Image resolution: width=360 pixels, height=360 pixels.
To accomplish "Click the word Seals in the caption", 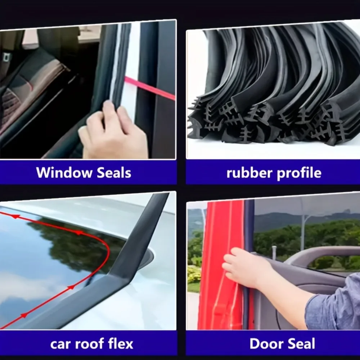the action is point(114,172).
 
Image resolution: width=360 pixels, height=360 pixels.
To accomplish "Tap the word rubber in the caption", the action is point(249,173).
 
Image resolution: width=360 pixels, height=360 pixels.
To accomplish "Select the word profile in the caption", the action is point(299,173).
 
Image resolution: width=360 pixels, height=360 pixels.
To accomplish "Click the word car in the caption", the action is point(61,344).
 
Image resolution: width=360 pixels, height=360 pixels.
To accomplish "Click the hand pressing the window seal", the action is point(112,131).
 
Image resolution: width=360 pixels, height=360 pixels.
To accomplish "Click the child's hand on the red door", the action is point(243,266).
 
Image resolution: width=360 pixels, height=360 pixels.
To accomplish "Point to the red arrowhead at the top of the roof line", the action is point(15,216).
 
